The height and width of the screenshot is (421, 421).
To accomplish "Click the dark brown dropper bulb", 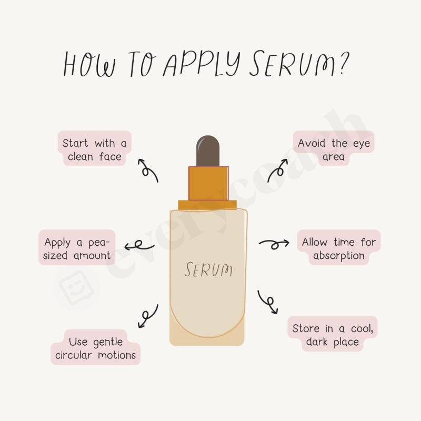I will click(x=208, y=150).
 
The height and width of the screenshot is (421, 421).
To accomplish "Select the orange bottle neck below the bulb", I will click(x=208, y=183).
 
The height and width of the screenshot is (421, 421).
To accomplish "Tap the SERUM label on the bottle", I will click(x=208, y=269).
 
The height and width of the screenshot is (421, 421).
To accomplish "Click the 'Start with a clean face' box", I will click(x=95, y=149).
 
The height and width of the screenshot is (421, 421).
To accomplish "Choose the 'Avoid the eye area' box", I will click(x=334, y=149).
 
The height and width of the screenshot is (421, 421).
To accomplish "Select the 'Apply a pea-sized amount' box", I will click(x=77, y=248).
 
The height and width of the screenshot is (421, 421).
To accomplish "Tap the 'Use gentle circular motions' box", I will click(x=96, y=348).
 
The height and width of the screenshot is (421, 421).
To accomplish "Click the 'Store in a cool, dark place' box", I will click(x=333, y=335).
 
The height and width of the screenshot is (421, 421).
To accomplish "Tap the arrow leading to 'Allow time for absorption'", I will click(x=274, y=243).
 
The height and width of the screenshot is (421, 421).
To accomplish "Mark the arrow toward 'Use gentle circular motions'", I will click(x=147, y=316).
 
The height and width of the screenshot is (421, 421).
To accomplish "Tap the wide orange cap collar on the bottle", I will click(x=208, y=204).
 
